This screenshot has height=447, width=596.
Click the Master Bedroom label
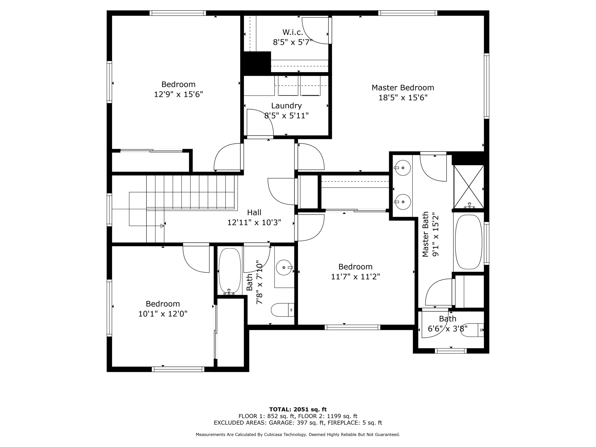coord(403,88)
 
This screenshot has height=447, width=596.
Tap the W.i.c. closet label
coord(293,32)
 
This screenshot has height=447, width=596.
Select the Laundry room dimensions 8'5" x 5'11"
coord(286,115)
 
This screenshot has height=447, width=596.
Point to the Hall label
coord(254,213)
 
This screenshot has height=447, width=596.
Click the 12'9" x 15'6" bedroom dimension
coord(178,94)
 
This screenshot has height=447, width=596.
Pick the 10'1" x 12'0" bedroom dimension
coord(163,314)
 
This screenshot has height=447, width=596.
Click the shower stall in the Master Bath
coord(469,187)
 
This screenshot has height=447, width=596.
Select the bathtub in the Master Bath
coord(469,242)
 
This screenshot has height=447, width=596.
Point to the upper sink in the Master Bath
coord(403,168)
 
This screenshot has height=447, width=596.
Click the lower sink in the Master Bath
coord(403,202)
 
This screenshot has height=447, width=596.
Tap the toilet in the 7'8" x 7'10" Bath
coord(282,310)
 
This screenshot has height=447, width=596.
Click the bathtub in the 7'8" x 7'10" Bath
coord(230,271)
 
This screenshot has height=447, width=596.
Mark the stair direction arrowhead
coord(162,226)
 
